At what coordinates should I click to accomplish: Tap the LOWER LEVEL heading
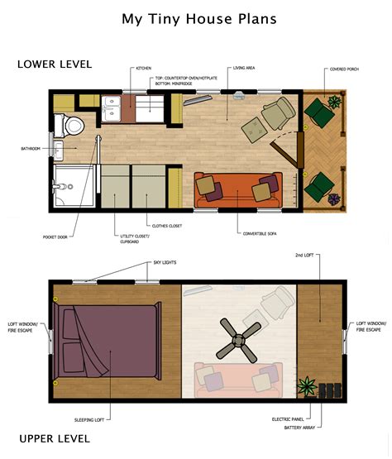coord(54,65)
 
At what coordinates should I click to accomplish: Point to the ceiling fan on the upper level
coord(237,340)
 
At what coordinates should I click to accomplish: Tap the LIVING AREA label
coord(244,68)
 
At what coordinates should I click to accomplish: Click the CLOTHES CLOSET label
coord(167,225)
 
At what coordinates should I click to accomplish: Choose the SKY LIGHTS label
coord(164,262)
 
